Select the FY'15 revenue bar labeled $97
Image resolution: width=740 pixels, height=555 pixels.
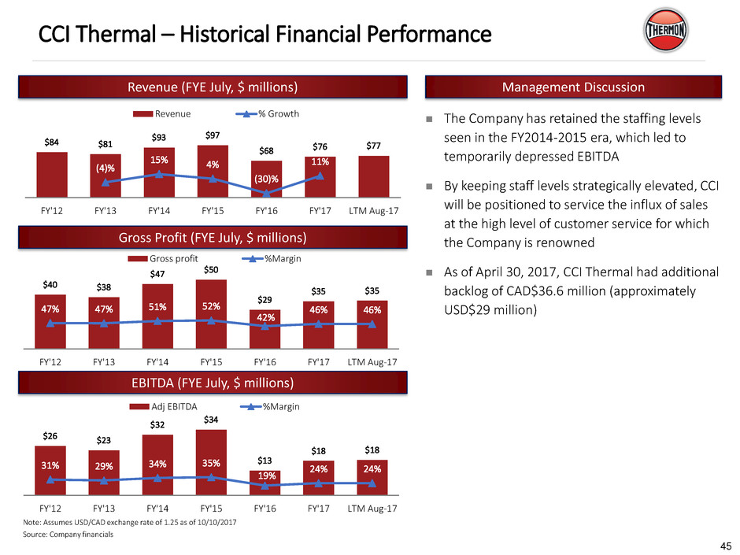pyautogui.click(x=211, y=171)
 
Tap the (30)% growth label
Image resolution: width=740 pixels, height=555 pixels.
pyautogui.click(x=264, y=178)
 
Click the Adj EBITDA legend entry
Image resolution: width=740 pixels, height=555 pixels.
pyautogui.click(x=161, y=407)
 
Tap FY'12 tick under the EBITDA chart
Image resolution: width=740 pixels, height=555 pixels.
pyautogui.click(x=50, y=508)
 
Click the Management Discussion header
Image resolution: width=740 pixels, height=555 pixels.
pyautogui.click(x=572, y=87)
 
